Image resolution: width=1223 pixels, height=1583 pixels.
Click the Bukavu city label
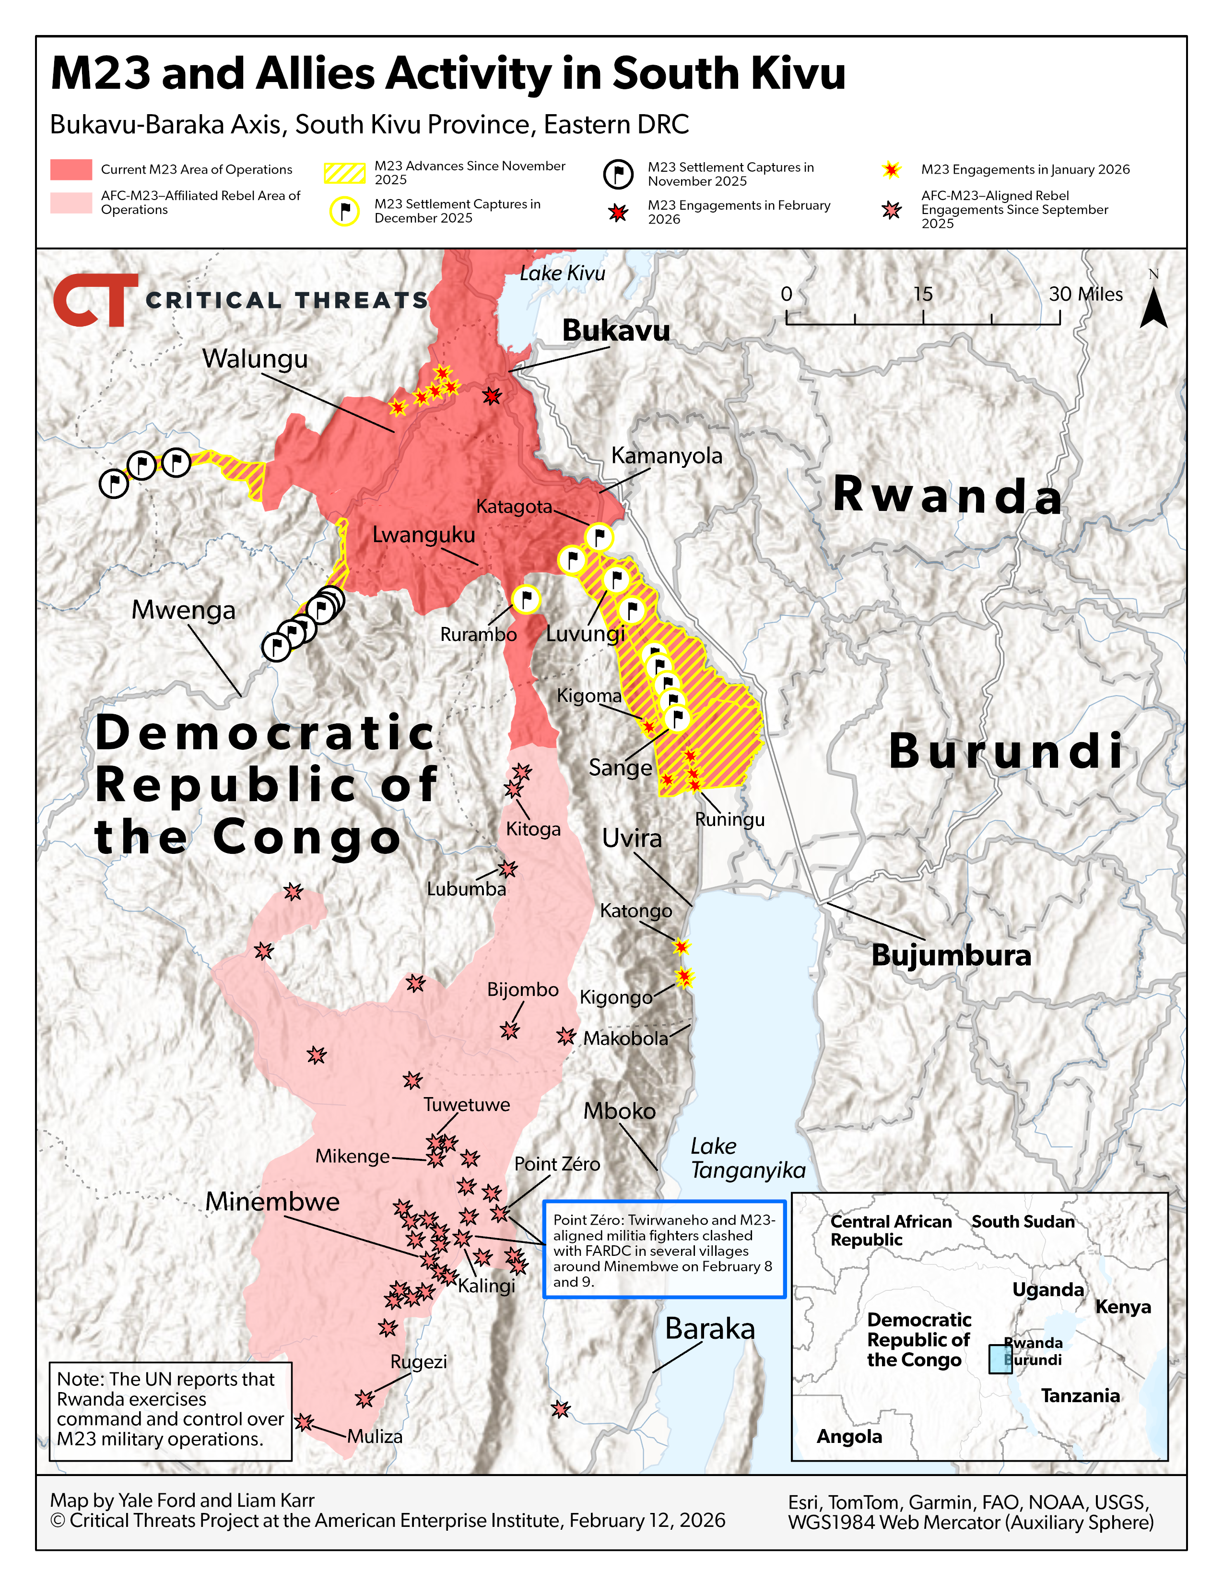[x=616, y=331]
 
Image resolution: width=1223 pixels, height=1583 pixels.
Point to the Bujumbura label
[x=951, y=955]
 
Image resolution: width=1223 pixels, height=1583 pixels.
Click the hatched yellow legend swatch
[x=344, y=173]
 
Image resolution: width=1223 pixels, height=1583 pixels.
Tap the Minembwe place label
[x=272, y=1202]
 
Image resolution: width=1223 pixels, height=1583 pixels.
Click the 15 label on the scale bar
[x=922, y=294]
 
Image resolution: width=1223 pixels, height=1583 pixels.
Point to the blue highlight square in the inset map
[x=1000, y=1359]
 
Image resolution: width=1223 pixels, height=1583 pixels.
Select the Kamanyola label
[x=667, y=456]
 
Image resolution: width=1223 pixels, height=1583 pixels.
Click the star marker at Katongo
[x=681, y=946]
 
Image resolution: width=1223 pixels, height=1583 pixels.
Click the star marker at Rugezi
[x=365, y=1398]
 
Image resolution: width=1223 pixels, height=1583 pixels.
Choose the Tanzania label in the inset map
[x=1080, y=1396]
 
